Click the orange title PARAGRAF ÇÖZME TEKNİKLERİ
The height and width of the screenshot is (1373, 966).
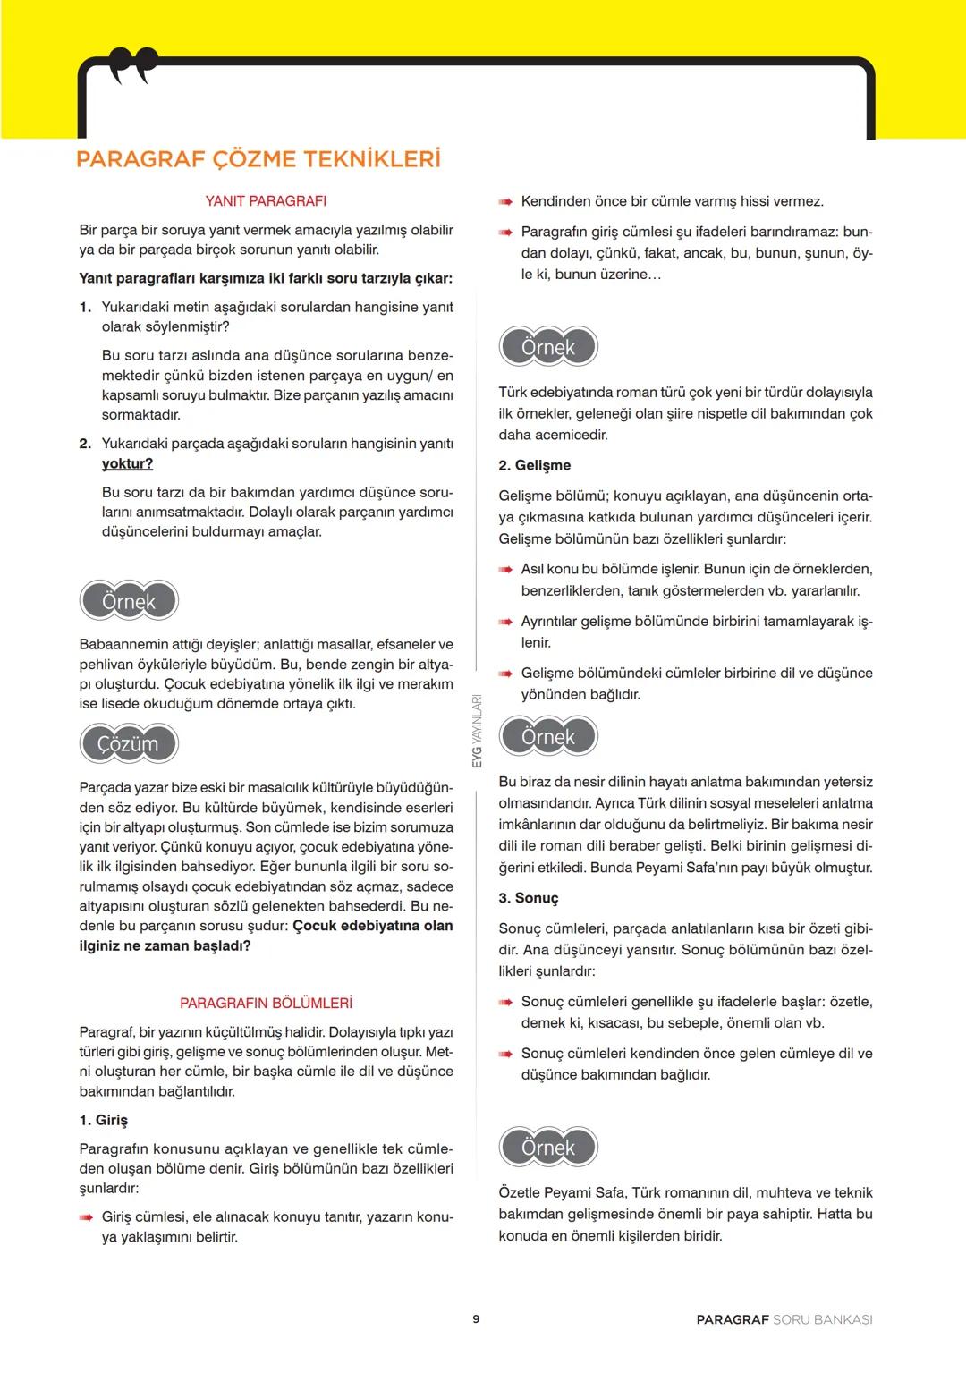coord(258,159)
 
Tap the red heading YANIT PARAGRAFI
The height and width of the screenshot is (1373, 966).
coord(266,201)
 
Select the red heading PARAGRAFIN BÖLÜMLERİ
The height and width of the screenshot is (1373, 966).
coord(266,1004)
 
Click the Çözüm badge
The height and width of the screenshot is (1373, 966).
coord(129,744)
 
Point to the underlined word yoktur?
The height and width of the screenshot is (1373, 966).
coord(127,463)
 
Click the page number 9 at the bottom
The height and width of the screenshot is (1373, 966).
coord(476,1319)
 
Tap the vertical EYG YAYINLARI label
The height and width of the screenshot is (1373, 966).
coord(477,731)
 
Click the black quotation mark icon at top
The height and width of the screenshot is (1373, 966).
coord(133,65)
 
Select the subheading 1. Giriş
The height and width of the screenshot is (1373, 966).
coord(104,1121)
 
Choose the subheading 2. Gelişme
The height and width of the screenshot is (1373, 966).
coord(534,465)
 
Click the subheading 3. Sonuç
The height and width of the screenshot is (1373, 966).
coord(528,898)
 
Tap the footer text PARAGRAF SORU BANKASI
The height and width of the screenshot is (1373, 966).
coord(784,1319)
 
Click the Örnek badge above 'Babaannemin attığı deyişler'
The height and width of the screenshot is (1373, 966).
coord(129,601)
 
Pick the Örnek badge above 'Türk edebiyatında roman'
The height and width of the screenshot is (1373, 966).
coord(547,347)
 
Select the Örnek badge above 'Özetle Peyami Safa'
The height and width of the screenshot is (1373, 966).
coord(547,1148)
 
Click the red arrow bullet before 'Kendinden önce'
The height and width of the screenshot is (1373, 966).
coord(505,202)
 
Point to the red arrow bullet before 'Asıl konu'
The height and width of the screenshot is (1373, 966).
coord(505,570)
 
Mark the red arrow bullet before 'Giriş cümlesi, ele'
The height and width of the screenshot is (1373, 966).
coord(86,1217)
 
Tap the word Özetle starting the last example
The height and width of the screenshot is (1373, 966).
coord(521,1193)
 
